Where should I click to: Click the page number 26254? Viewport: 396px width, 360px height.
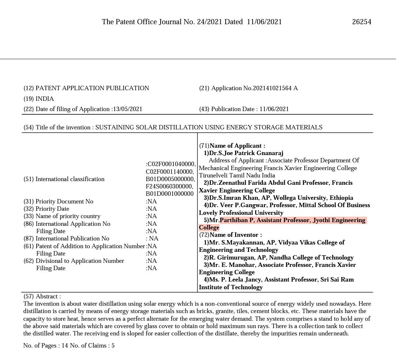pos(362,22)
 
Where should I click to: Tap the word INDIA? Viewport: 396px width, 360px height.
pos(45,99)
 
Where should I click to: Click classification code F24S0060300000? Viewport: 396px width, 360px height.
pos(169,186)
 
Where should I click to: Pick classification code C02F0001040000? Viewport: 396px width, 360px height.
pos(171,164)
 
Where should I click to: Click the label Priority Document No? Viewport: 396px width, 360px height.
pos(64,202)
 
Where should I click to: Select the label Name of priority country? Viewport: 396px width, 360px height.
pos(68,216)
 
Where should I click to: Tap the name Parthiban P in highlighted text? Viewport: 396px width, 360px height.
pos(236,220)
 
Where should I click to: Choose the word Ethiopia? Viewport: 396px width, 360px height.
pos(341,198)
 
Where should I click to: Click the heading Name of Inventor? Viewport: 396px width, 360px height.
pos(235,235)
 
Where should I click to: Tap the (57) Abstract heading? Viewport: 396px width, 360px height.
pos(42,297)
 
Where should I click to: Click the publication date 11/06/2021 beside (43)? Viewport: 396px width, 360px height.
pos(274,109)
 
